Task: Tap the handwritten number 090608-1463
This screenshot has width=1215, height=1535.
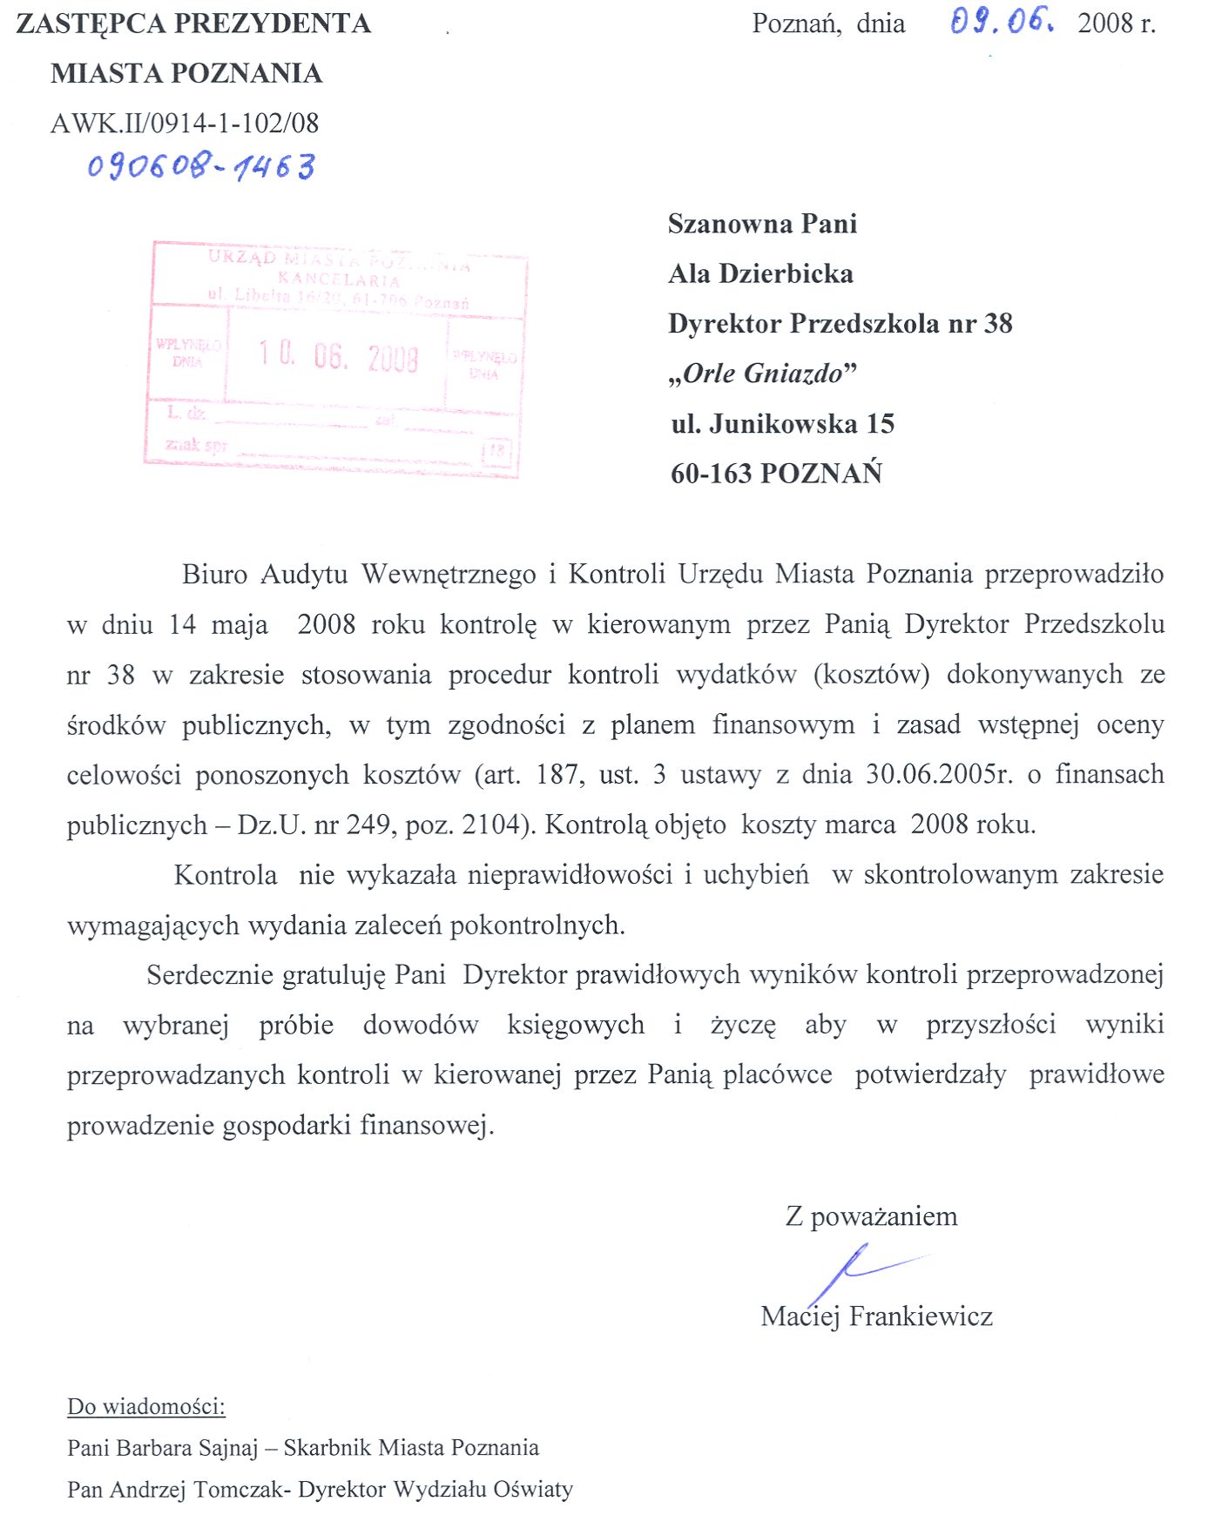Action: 201,165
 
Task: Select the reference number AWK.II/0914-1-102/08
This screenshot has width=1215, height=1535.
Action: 185,123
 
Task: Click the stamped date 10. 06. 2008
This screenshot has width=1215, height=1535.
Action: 338,357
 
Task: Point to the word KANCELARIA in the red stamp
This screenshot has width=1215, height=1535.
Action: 339,279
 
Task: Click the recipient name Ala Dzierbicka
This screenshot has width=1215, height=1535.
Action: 760,274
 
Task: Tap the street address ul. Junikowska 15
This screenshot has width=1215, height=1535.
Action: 782,424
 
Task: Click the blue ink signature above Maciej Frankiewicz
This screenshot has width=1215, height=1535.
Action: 858,1270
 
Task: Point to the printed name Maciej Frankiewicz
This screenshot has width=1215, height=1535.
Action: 876,1316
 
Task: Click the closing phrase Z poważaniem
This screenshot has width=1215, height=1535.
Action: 871,1216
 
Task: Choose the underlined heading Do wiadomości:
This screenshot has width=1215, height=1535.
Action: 146,1406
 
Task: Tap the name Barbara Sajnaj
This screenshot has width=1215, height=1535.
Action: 186,1448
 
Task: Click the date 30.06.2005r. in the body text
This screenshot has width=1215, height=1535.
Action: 939,774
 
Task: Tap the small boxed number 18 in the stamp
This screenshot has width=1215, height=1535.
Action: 496,451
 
